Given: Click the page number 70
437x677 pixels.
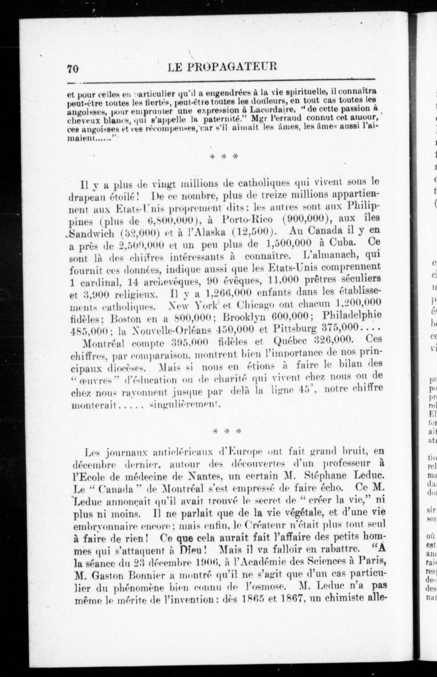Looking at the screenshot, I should (x=73, y=69).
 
